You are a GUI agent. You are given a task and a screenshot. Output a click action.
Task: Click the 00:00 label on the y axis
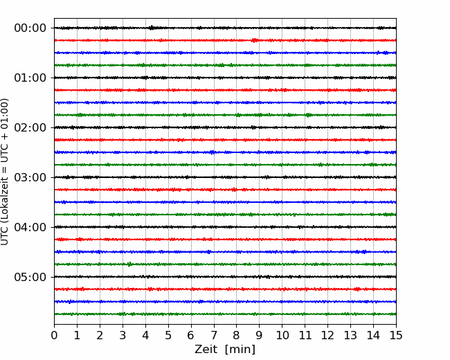coord(30,28)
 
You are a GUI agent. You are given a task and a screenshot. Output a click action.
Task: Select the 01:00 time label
coord(30,78)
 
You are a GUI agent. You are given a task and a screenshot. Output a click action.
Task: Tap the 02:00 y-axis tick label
coord(30,127)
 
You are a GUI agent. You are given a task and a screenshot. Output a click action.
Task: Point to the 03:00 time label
coord(30,177)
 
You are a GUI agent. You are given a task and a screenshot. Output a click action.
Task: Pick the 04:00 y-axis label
coord(30,227)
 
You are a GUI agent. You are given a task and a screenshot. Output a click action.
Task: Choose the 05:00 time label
coord(30,277)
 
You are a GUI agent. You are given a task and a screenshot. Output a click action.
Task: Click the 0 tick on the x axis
coord(54,335)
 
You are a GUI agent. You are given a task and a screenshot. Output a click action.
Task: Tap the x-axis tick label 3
coord(123,335)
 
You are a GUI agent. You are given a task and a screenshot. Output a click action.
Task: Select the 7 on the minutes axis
coord(214,335)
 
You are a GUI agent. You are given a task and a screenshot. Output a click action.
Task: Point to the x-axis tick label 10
coord(282,335)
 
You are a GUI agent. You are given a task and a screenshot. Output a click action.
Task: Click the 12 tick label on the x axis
coord(327,335)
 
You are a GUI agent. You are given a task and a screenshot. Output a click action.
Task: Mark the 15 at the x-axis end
coord(396,335)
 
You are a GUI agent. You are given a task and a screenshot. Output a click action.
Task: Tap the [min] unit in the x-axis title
coord(240,350)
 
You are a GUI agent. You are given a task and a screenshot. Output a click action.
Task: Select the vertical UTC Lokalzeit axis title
coord(5,172)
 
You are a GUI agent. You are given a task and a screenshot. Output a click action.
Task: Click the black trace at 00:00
coord(225,28)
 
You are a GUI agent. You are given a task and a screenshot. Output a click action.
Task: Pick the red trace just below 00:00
coord(225,40)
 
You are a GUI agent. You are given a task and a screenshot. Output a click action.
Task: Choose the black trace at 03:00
coord(225,177)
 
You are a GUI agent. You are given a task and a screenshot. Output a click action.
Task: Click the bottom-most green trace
coord(225,314)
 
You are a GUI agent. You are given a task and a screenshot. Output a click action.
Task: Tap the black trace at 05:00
coord(225,277)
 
